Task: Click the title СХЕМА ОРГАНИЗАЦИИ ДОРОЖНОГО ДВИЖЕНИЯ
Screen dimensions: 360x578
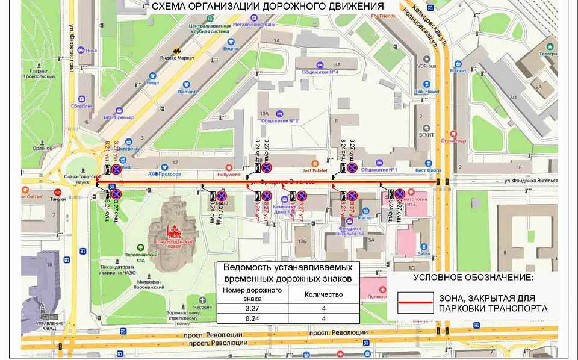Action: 267,7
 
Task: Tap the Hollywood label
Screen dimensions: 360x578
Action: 228,175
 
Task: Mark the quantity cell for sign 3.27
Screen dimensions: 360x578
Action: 325,309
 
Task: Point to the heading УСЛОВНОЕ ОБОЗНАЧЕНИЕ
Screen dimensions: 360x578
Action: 473,278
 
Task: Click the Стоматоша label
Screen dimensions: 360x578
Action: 470,140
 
